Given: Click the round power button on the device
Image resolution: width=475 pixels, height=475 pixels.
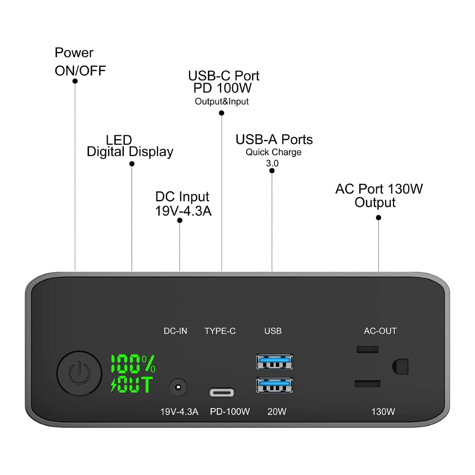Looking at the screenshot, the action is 79,373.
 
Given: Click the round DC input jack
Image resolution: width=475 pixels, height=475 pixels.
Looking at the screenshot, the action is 178,387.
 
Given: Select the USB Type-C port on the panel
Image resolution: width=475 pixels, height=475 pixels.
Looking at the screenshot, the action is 222,393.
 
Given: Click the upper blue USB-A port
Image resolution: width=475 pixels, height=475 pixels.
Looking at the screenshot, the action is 275,362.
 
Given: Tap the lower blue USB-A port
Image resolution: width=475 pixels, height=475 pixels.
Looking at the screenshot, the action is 275,385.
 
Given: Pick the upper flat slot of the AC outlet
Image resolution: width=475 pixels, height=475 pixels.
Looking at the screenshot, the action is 367,349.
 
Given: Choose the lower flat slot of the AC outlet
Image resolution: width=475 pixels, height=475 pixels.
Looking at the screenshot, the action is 367,384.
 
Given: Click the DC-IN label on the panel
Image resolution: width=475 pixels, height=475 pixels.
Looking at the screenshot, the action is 175,331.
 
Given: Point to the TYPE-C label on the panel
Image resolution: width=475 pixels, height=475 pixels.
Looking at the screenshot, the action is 220,331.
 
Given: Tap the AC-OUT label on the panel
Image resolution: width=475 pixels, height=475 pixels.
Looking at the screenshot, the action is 380,331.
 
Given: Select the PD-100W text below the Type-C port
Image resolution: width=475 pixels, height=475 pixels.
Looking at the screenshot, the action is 230,412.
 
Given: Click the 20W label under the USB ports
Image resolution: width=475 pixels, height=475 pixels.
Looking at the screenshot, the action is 277,412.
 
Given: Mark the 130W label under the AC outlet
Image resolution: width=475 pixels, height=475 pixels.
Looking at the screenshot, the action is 383,412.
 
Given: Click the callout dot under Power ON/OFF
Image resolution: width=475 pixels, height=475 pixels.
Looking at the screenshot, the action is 75,81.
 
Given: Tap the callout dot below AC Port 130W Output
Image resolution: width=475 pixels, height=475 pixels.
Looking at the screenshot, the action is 378,218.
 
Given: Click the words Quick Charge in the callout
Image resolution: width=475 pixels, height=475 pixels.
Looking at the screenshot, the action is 274,152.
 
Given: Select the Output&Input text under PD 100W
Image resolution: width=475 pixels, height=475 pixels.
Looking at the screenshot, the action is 222,101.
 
